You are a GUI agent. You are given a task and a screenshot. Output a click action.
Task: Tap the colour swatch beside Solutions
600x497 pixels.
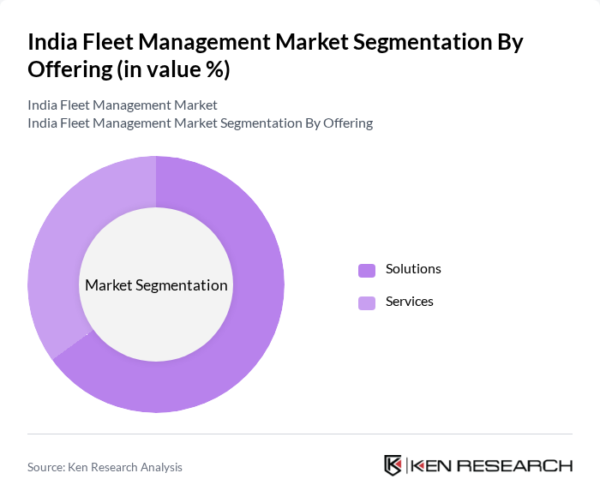click(367, 270)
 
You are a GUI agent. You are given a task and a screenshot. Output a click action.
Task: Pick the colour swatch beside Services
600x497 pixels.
click(367, 302)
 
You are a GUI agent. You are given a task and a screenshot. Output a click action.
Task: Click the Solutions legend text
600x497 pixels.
click(413, 269)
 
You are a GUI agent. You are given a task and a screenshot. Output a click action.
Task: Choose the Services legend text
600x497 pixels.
click(410, 302)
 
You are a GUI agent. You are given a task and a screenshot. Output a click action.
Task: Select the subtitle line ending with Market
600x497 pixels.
click(123, 105)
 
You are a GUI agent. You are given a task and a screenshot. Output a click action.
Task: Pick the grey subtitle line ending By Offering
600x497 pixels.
click(200, 123)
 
